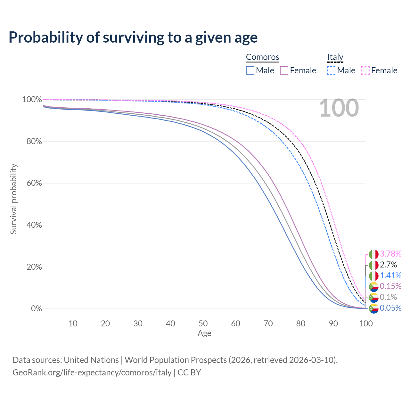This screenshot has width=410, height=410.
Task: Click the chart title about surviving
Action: coord(133,37)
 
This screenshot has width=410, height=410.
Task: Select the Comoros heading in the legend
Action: coord(262,57)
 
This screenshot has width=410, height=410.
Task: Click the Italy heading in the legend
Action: coord(335,57)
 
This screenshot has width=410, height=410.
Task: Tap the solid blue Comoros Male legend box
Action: coord(250,70)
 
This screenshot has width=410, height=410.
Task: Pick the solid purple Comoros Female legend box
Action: coord(284,70)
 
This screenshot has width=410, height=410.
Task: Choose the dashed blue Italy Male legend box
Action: coord(331,70)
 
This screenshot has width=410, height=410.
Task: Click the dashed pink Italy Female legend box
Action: coord(365,70)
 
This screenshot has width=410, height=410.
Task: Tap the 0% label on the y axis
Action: coord(36,309)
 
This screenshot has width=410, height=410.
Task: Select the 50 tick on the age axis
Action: coord(203,324)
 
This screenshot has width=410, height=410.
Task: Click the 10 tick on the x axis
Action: coord(73,324)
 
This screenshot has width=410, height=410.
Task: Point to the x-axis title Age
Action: coord(204,333)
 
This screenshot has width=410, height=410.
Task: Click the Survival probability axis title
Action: coord(13,199)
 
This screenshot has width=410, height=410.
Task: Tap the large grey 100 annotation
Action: coord(339,108)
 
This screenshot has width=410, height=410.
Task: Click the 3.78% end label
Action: coord(390,254)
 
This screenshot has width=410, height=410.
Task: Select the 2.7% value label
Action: coord(388,265)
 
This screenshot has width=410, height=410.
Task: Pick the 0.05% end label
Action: coord(390,308)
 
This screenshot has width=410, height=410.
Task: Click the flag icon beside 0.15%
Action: coord(374,286)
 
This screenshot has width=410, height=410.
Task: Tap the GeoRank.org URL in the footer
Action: coord(92,373)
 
